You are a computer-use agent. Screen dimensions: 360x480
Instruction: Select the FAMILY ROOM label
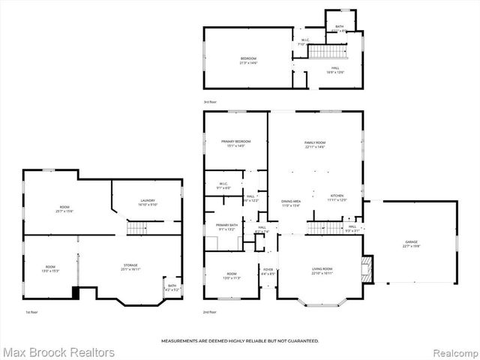coord(314,142)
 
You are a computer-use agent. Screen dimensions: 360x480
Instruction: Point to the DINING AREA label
coord(290,202)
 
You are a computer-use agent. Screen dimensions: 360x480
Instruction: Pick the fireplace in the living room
coord(365,268)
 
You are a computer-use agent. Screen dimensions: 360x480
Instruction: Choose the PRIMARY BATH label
coord(227,225)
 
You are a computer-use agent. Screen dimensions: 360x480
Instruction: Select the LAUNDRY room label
coord(147,201)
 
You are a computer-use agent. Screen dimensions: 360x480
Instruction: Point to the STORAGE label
coord(130,265)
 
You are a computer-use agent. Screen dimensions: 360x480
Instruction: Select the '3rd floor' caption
coord(211,101)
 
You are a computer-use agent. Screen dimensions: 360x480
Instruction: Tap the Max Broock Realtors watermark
coord(58,351)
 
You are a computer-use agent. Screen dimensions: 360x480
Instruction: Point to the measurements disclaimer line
coord(240,340)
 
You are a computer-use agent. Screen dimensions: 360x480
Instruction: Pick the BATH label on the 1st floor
coord(172,286)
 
